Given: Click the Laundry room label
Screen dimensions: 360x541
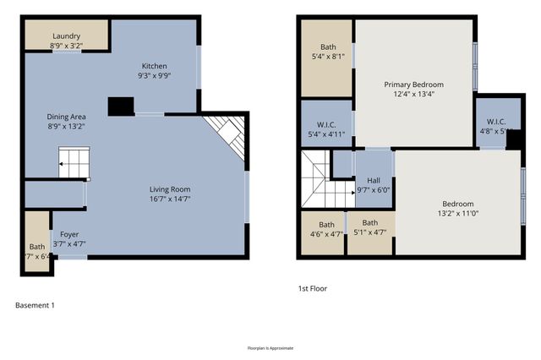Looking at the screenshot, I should pyautogui.click(x=66, y=36).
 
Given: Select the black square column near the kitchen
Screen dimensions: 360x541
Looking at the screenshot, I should pyautogui.click(x=121, y=106).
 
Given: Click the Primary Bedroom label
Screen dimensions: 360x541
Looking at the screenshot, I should pyautogui.click(x=413, y=85).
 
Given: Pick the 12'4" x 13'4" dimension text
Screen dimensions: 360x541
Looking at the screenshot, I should pyautogui.click(x=413, y=95).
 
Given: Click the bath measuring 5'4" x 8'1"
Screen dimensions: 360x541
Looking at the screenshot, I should pyautogui.click(x=327, y=52).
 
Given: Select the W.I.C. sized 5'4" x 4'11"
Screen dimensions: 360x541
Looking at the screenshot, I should pyautogui.click(x=326, y=128).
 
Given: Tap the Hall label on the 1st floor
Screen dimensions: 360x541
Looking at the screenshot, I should pyautogui.click(x=373, y=180).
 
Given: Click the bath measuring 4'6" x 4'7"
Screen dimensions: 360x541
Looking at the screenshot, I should pyautogui.click(x=326, y=229).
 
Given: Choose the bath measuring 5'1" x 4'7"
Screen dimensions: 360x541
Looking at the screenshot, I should pyautogui.click(x=369, y=227).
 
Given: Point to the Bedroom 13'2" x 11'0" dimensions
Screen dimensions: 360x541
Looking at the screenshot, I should pyautogui.click(x=457, y=214).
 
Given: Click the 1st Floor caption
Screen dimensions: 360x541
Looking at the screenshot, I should pyautogui.click(x=312, y=288).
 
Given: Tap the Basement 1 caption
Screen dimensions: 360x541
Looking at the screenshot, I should pyautogui.click(x=35, y=305).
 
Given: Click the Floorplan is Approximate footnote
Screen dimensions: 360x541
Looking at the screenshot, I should pyautogui.click(x=270, y=347).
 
